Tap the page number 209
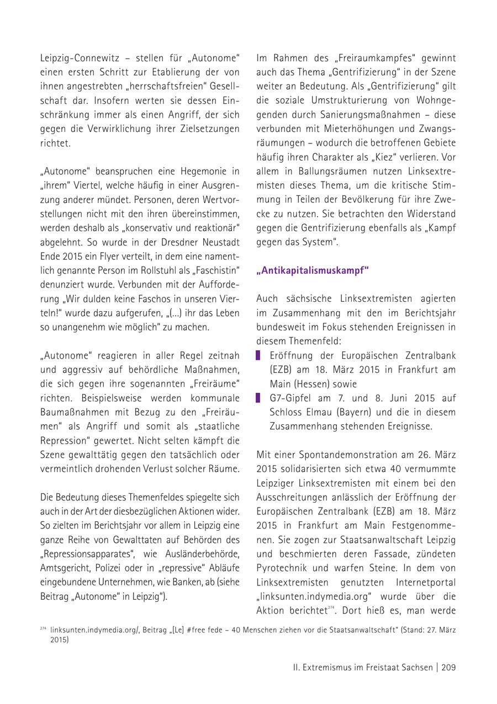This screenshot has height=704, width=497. tap(448, 667)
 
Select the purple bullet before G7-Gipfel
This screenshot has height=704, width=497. tap(258, 398)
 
